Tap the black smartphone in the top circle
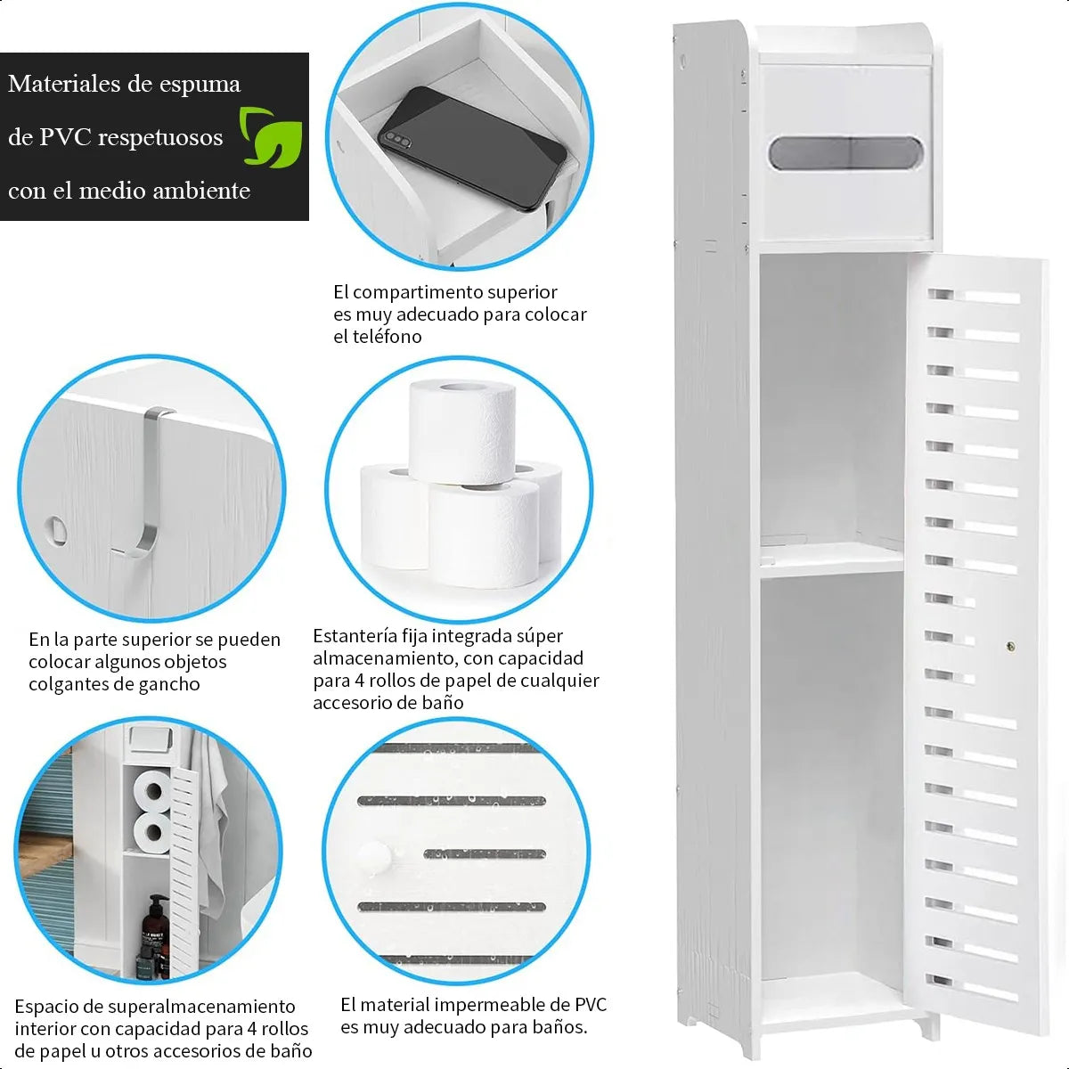point(471,148)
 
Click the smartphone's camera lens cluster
point(395,140)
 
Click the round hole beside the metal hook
point(55,528)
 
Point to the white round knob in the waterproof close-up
point(376,857)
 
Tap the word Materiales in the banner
point(63,84)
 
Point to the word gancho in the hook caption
point(170,684)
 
